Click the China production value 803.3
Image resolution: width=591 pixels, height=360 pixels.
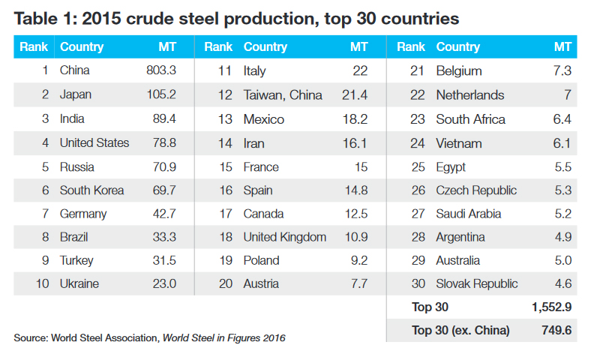coord(160,71)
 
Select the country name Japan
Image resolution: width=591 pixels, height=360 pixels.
coord(76,95)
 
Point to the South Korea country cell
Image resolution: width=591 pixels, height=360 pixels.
coord(91,190)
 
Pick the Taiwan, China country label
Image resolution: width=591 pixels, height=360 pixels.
coord(283,95)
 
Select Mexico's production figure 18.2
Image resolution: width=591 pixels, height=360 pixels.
coord(355,119)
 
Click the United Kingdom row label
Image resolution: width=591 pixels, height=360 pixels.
coord(284,237)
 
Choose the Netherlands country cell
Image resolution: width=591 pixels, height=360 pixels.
coord(469,95)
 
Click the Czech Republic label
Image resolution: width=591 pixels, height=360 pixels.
coord(476,190)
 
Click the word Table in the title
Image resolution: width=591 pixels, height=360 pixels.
coord(34,18)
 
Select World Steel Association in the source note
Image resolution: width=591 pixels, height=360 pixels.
coord(105,338)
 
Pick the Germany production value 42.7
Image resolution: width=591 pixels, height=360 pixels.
coord(163,214)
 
